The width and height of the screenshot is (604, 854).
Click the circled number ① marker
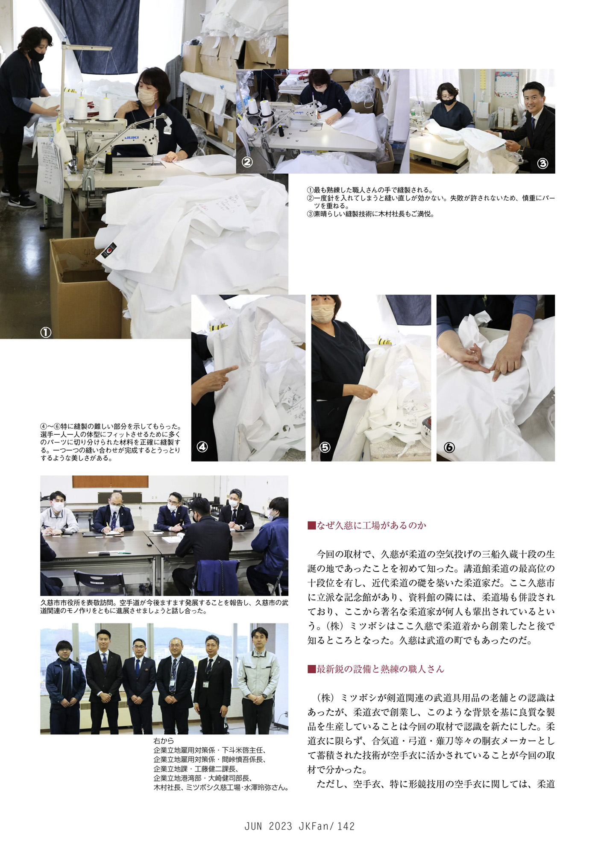click(46, 332)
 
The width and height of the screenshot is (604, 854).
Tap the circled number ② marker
click(247, 162)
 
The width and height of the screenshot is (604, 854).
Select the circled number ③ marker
click(542, 163)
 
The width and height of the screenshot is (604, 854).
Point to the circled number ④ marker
click(202, 447)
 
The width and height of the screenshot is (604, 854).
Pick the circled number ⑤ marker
click(325, 447)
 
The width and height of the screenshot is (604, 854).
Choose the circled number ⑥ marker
click(449, 447)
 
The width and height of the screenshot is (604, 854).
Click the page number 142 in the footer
click(346, 826)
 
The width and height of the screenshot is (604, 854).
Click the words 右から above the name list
click(164, 741)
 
